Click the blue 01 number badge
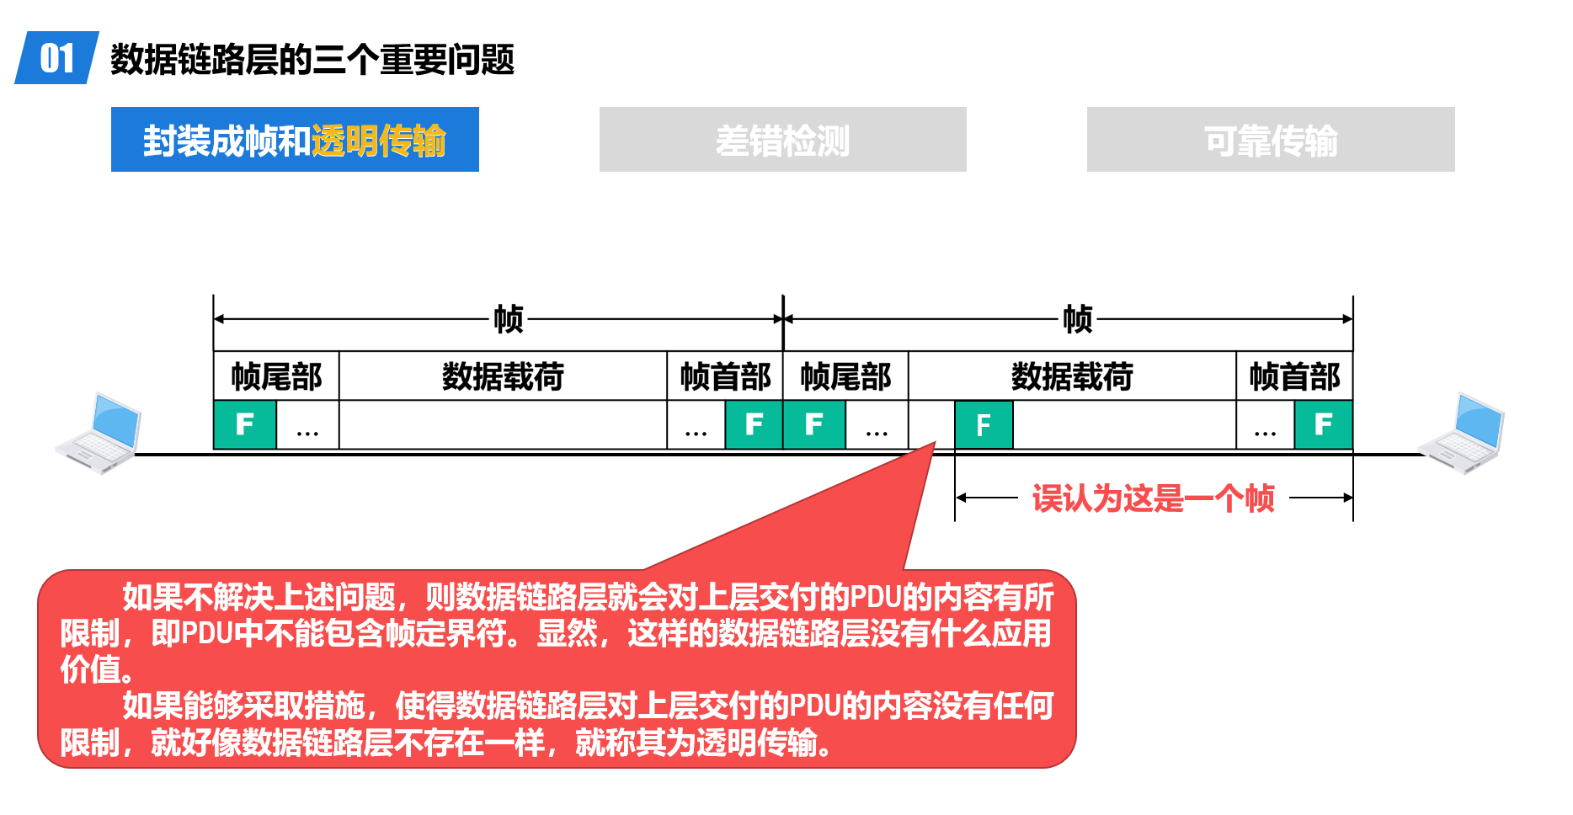(x=56, y=57)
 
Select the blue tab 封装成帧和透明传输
(x=295, y=139)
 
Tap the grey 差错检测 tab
(x=782, y=139)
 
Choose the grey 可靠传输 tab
(x=1271, y=139)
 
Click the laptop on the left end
(x=99, y=433)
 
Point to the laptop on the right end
(x=1461, y=433)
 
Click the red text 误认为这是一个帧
(x=1154, y=498)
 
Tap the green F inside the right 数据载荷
(x=984, y=425)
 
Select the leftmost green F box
(x=245, y=424)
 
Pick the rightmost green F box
(x=1324, y=424)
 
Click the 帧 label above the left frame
(x=509, y=319)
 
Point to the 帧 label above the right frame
(x=1078, y=319)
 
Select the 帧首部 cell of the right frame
(x=1294, y=376)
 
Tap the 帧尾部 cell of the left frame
(x=276, y=376)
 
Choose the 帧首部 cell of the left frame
(x=725, y=376)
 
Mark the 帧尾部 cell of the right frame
(x=845, y=376)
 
